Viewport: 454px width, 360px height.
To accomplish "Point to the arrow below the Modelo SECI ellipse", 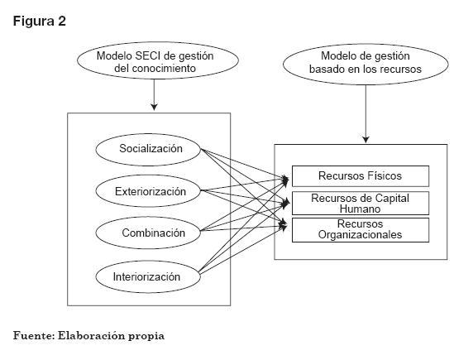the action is (x=154, y=95).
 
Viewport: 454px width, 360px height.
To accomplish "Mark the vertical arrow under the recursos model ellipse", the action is (x=366, y=114).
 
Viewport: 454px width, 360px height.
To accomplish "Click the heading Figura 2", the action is (x=40, y=22).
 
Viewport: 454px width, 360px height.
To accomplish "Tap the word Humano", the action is (x=360, y=209).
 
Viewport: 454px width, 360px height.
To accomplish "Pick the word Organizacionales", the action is (x=360, y=234).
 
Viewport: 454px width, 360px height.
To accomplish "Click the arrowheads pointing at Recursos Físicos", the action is (x=285, y=180).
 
